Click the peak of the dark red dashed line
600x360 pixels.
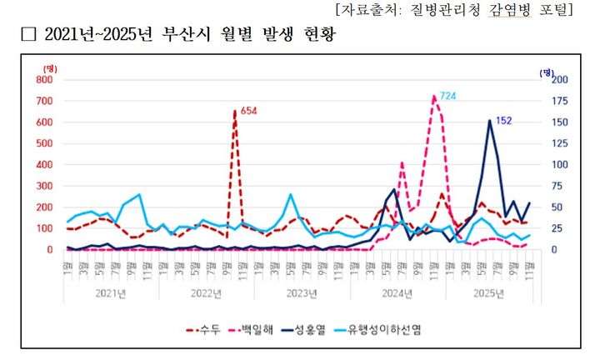tap(235, 111)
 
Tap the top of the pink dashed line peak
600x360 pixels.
tap(434, 97)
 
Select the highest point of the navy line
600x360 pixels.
tap(490, 121)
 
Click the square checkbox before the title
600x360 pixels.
tap(28, 36)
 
